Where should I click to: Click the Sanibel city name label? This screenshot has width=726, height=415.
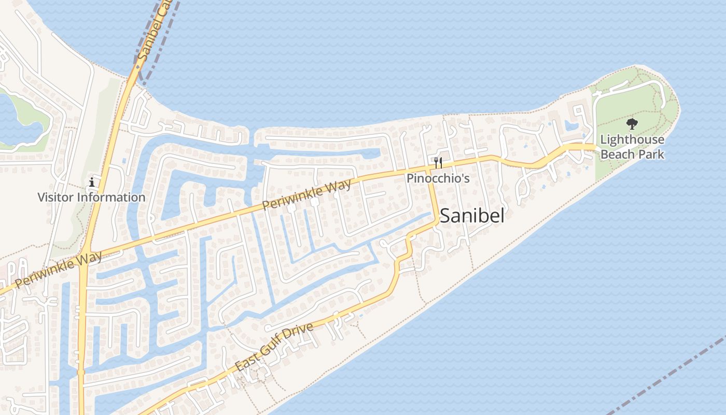point(471,216)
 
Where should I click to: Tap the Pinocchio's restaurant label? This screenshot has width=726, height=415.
point(438,178)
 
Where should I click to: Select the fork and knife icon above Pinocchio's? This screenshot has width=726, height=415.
point(438,163)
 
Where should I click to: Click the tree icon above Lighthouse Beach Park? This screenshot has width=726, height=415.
point(632,124)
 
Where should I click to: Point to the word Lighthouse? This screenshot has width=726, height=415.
point(632,140)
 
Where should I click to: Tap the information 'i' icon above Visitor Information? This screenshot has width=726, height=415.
point(92,182)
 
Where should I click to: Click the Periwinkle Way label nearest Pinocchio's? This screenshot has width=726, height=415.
point(306,194)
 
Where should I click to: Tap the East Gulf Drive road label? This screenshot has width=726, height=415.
point(274,346)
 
